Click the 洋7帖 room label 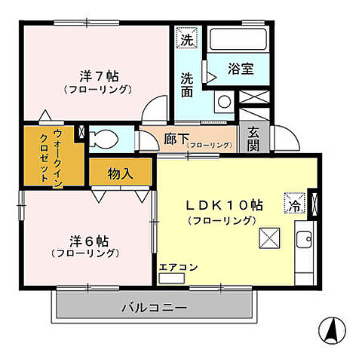(x=98, y=76)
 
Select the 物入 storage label (x=121, y=173)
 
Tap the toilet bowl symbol (x=103, y=139)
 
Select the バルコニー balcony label (x=154, y=308)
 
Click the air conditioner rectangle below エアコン (x=171, y=277)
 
